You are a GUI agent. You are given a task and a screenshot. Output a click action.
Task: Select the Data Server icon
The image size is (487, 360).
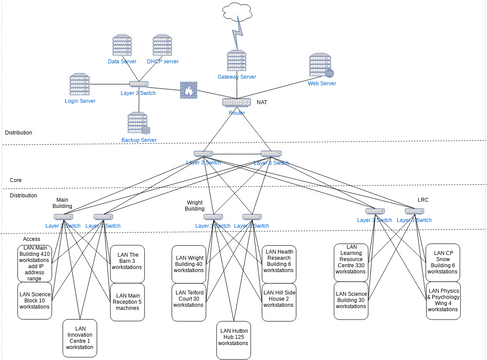122,45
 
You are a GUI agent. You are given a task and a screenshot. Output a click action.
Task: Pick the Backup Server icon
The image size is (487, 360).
140,123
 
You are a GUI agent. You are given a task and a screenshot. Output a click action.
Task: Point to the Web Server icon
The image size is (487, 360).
321,66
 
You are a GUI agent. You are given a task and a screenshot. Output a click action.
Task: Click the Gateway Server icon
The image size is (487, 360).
237,61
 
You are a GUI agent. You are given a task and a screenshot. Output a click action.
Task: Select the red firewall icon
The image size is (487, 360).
188,91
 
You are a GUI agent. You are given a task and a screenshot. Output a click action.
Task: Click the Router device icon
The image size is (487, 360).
236,101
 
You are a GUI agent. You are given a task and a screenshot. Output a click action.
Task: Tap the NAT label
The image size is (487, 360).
262,102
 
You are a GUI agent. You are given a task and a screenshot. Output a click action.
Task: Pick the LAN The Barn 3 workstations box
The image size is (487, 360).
127,259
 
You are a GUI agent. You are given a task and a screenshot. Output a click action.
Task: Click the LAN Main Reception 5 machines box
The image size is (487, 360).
127,300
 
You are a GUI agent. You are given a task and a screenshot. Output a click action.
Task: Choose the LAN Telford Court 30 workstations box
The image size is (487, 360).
188,301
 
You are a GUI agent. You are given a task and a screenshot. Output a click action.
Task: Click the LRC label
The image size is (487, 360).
423,199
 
